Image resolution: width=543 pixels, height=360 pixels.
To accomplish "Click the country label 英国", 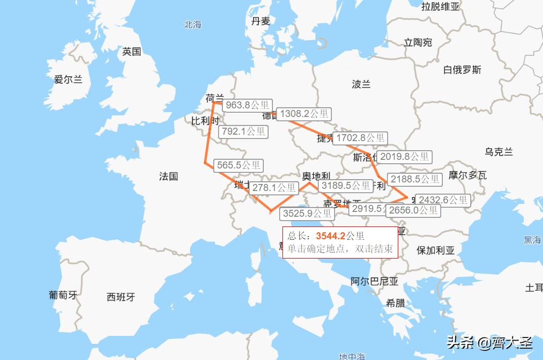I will coord(131,52).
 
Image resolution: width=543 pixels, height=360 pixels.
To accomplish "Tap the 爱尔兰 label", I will coord(68,79).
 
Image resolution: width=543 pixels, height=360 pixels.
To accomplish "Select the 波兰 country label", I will coord(361,84).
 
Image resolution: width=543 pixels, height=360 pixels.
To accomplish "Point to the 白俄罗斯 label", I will coord(462,70).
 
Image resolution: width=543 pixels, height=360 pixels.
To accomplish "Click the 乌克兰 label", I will coord(499,152).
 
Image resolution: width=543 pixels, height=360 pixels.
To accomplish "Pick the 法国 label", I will coord(168,176).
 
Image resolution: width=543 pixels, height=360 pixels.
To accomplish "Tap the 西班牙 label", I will coord(121,297).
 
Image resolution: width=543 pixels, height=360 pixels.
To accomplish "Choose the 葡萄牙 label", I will coord(63,295).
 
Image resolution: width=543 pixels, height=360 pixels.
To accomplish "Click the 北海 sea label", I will coord(192,24).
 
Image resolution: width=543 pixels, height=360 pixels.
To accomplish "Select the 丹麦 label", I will coord(261,21).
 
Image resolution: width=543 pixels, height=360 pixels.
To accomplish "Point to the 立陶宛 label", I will coord(418,42).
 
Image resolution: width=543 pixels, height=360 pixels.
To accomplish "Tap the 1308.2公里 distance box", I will coord(304,114).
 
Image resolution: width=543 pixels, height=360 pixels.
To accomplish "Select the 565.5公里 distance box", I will coord(238,166).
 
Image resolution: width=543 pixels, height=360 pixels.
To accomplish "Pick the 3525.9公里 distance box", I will coord(308,213).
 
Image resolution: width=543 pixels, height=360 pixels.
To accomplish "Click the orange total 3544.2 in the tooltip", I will coord(330,236).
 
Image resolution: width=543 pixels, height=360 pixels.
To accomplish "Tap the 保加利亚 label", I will coord(435,251).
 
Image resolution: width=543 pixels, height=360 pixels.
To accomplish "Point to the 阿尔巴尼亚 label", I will coord(375,281).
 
